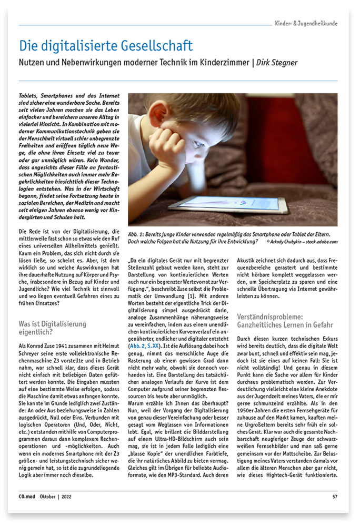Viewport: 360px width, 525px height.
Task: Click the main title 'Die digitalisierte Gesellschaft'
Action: [106, 46]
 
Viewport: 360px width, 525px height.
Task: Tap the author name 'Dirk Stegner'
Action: [277, 63]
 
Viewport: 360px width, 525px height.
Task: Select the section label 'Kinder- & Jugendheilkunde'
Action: [306, 23]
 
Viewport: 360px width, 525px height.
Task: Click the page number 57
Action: [335, 496]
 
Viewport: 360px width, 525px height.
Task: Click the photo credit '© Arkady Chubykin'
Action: [288, 241]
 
